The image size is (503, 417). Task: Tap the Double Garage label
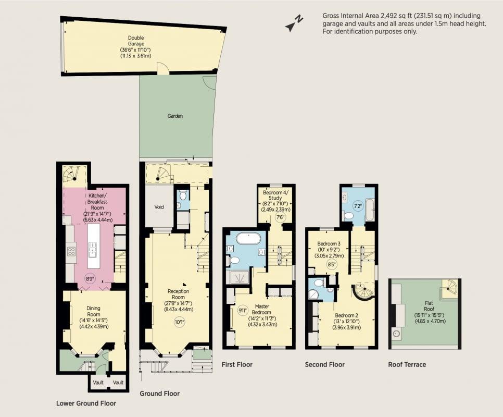click(136, 41)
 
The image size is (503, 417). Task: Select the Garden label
click(175, 116)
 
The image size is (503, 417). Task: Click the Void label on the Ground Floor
click(159, 207)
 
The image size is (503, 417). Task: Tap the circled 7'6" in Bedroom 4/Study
click(280, 217)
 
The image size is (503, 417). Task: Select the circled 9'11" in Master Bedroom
click(243, 311)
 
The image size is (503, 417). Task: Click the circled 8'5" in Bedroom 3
click(331, 264)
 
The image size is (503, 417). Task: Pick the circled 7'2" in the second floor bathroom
click(357, 206)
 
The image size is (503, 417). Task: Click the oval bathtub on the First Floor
click(248, 239)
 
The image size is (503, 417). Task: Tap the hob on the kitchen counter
click(71, 251)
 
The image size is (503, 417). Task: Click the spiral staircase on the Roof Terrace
click(450, 289)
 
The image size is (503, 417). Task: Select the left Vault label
click(98, 382)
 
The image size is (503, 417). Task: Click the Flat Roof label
click(429, 306)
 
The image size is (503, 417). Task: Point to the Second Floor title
click(324, 364)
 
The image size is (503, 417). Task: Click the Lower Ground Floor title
click(86, 403)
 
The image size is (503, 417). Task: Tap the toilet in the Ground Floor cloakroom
click(183, 194)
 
